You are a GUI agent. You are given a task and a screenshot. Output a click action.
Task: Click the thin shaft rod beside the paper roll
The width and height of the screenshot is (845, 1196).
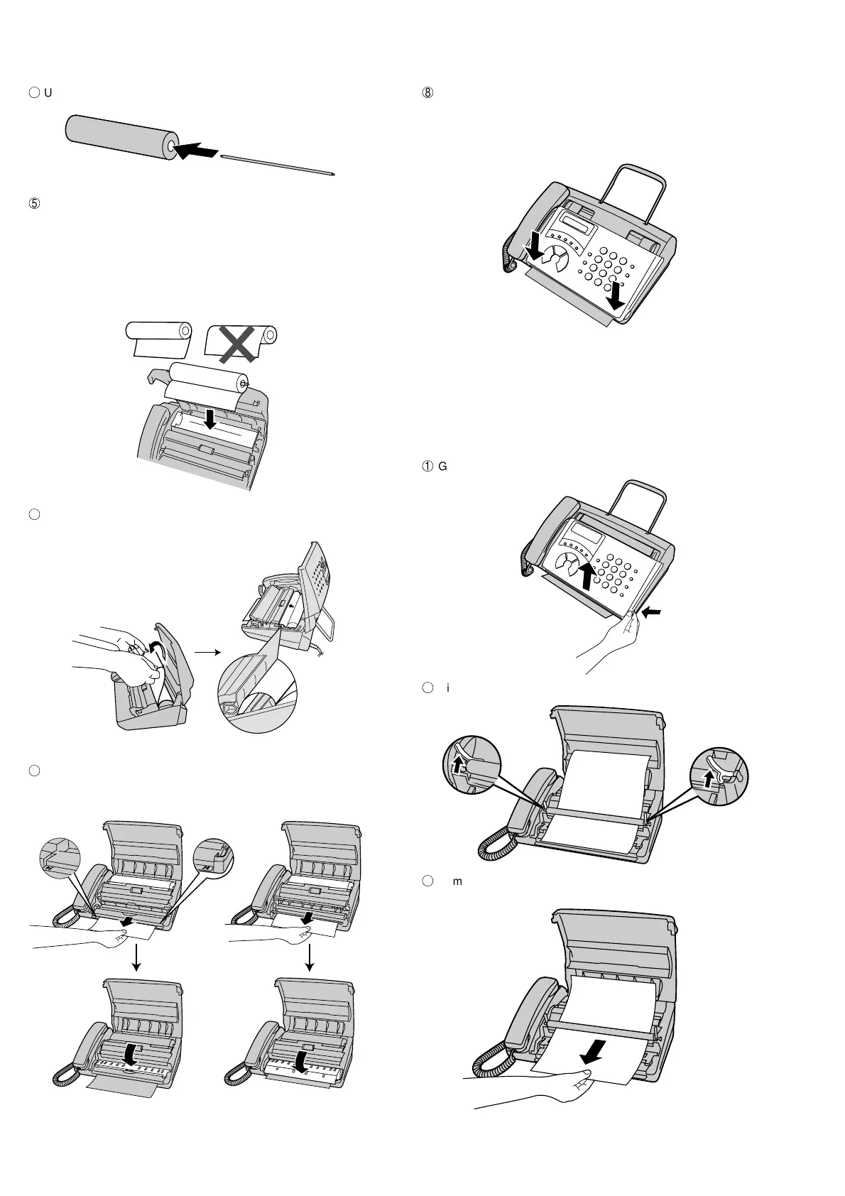pos(277,163)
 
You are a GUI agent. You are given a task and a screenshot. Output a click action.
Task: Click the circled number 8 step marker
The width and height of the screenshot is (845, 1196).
pos(428,93)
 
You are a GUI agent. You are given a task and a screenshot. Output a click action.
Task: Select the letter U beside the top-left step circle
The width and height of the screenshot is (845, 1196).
pos(48,93)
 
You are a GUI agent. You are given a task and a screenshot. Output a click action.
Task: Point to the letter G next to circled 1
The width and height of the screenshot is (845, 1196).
pos(443,467)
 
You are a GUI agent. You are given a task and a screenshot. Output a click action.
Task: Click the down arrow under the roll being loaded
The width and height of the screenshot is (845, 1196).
pos(209,421)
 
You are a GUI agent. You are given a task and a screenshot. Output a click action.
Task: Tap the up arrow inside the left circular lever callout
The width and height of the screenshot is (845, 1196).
pos(458,764)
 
